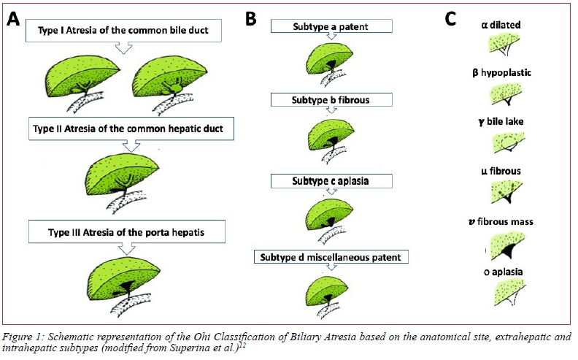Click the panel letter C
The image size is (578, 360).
pos(451,19)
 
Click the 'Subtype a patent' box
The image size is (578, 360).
pos(331,26)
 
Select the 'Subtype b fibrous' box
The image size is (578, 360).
pos(331,98)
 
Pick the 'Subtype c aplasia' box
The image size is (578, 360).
pos(331,180)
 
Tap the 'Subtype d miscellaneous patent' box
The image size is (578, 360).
pos(331,256)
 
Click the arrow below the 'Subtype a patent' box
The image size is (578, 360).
pos(331,38)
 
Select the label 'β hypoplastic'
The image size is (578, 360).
pos(511,73)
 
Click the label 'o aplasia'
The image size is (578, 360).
pos(511,272)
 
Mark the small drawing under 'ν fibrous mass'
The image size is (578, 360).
pos(510,245)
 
